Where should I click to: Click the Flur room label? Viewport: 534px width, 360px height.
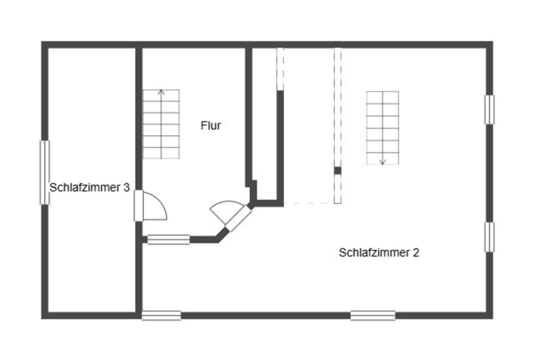tap(211, 126)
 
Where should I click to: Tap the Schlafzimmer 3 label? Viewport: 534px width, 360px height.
tap(89, 188)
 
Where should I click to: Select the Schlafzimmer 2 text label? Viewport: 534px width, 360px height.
tap(379, 252)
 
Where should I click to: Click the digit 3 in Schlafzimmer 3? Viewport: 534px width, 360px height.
tap(126, 188)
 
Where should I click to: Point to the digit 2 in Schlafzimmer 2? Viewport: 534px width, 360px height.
tap(416, 252)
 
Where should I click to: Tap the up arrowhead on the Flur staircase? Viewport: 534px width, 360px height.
tap(161, 92)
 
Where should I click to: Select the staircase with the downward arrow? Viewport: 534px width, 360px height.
tap(382, 128)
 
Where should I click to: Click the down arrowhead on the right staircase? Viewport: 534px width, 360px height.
tap(382, 163)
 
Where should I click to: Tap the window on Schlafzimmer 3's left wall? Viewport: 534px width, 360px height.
tap(45, 172)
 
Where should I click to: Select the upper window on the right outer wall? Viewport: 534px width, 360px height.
tap(489, 109)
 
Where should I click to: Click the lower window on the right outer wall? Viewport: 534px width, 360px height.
tap(489, 237)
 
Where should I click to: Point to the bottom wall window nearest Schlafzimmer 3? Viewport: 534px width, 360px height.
tap(161, 315)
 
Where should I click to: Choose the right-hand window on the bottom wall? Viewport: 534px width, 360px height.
tap(373, 315)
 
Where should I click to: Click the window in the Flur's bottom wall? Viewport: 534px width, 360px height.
tap(168, 239)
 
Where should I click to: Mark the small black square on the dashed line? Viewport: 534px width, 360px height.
tap(337, 170)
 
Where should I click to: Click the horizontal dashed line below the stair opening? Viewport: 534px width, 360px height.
tap(309, 203)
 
